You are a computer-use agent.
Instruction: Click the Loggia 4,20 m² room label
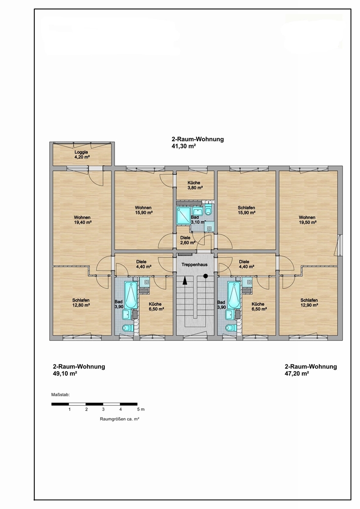coord(81,154)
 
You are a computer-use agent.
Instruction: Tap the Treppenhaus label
coord(195,265)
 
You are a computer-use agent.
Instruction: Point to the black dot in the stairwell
coord(206,276)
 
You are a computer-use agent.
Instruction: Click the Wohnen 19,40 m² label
coord(82,220)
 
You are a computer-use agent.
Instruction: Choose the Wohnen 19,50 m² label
coord(307,220)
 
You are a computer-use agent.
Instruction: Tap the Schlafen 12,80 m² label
coord(81,303)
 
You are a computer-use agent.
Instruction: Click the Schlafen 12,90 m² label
coord(309,303)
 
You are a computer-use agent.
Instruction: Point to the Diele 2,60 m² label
coord(187,240)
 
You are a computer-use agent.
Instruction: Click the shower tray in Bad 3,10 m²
coord(183,216)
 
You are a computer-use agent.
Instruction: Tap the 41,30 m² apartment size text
coord(184,146)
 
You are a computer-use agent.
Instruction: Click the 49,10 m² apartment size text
coord(65,374)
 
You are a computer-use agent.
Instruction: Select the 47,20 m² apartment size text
coord(297,374)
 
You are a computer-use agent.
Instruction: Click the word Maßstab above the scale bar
coord(60,395)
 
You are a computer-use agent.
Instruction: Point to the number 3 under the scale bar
coord(103,409)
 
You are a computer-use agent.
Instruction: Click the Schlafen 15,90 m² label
coord(246,210)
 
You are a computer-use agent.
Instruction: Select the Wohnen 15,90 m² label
coord(143,210)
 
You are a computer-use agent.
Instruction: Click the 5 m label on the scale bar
coord(141,409)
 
